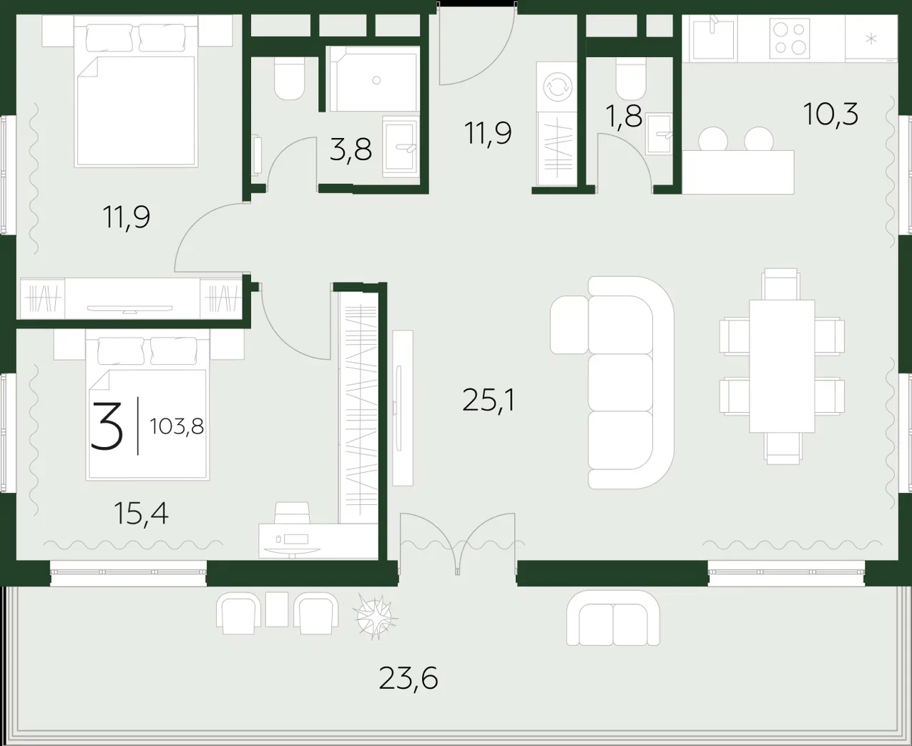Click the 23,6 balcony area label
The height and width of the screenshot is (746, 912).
pyautogui.click(x=408, y=679)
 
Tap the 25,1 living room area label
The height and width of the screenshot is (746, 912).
pyautogui.click(x=489, y=401)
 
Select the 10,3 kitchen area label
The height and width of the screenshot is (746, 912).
pyautogui.click(x=830, y=114)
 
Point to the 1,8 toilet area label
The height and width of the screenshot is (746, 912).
pyautogui.click(x=624, y=117)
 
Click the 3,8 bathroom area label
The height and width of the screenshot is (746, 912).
pyautogui.click(x=350, y=149)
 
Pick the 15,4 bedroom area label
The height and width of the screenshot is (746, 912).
pyautogui.click(x=142, y=514)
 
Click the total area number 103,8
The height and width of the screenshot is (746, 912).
pyautogui.click(x=177, y=427)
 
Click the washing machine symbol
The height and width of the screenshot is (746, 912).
pyautogui.click(x=557, y=87)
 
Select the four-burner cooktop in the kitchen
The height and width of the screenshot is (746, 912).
pyautogui.click(x=790, y=39)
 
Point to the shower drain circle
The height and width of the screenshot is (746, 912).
pyautogui.click(x=376, y=80)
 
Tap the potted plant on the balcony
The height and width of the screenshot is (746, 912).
pyautogui.click(x=375, y=617)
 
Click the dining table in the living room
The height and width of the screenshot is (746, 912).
pyautogui.click(x=782, y=366)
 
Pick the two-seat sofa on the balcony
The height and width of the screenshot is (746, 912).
pyautogui.click(x=613, y=618)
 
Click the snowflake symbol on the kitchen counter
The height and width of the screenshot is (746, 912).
pyautogui.click(x=871, y=39)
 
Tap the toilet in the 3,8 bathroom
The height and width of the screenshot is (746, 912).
pyautogui.click(x=289, y=79)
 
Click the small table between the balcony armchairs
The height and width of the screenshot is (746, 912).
pyautogui.click(x=277, y=609)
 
